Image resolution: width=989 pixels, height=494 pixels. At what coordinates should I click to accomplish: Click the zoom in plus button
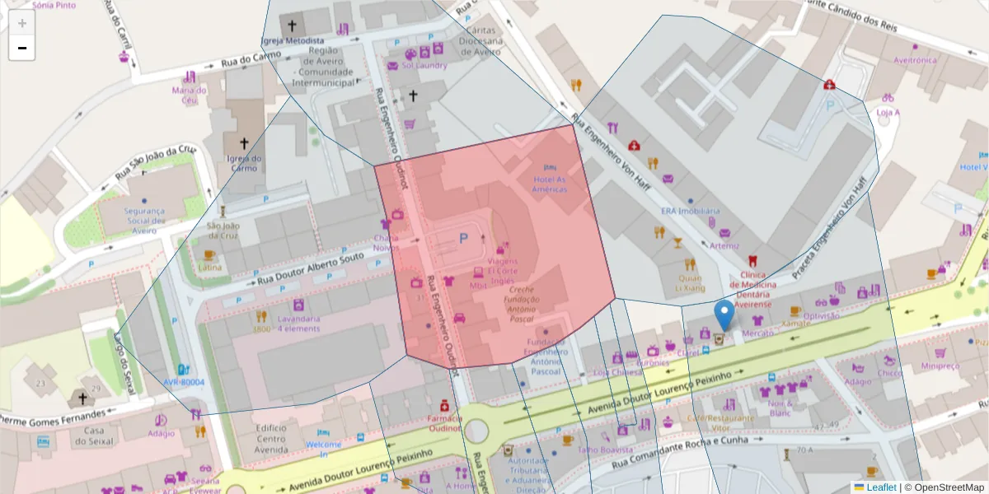point(22,23)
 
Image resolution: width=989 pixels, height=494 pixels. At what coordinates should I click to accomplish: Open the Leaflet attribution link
point(880,487)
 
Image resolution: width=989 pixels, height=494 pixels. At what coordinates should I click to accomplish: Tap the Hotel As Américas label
point(550,184)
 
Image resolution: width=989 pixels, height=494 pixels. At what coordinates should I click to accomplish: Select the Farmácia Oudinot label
point(443,423)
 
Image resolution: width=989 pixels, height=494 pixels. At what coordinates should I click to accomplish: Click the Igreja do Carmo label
point(238,163)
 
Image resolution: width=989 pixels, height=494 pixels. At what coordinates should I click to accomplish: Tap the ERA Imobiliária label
point(690,211)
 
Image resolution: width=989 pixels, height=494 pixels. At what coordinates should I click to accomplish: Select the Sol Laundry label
point(424,66)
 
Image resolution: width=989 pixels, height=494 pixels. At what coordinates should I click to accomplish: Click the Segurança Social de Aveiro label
point(145,220)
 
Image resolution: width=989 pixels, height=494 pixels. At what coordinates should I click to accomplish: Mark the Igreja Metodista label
point(292,41)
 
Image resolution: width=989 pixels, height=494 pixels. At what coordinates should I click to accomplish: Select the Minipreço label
point(940,366)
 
